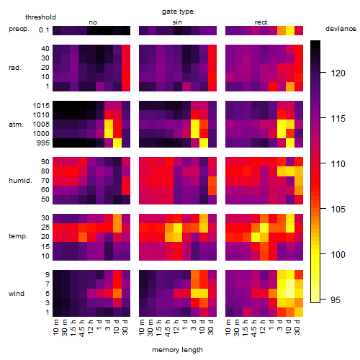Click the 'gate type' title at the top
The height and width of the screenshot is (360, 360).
coord(178,12)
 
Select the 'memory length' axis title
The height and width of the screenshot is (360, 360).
coord(177,350)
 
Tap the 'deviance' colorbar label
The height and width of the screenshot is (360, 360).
coord(341,29)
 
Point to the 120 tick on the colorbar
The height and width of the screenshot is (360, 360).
coord(323,72)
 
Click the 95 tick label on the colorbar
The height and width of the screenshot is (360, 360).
coord(336,300)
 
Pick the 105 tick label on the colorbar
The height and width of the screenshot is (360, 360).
coord(338,210)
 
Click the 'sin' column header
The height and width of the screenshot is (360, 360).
coord(177,22)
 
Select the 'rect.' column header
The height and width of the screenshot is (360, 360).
coord(261,22)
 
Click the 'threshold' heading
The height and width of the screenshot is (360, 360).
coord(40,17)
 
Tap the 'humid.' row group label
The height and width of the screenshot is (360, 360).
coord(20,181)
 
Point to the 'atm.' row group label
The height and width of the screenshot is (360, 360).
coord(16,125)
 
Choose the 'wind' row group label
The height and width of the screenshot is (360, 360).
coord(17,294)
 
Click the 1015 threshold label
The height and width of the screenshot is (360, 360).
coord(41,106)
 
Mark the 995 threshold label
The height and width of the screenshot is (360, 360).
coord(43,143)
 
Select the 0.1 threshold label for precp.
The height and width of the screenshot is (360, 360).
coord(44,30)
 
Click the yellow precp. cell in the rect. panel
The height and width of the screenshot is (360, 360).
coord(290,30)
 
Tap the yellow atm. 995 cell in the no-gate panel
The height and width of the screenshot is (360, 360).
coord(117,143)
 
